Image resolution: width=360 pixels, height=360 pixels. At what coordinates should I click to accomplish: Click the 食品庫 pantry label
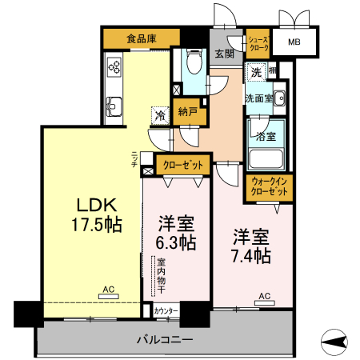140,38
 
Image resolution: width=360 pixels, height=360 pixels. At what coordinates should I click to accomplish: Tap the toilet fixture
193,64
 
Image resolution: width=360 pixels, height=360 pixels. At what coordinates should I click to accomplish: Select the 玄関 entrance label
224,54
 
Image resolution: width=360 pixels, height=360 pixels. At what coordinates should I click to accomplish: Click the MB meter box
295,42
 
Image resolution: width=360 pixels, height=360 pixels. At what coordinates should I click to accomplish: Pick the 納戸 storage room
189,113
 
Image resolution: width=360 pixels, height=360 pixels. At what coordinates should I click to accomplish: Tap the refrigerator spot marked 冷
160,116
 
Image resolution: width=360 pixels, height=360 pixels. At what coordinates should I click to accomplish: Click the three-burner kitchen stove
114,66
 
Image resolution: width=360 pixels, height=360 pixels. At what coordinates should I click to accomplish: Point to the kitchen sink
113,105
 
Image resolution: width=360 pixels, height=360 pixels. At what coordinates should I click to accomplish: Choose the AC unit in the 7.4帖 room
263,302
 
